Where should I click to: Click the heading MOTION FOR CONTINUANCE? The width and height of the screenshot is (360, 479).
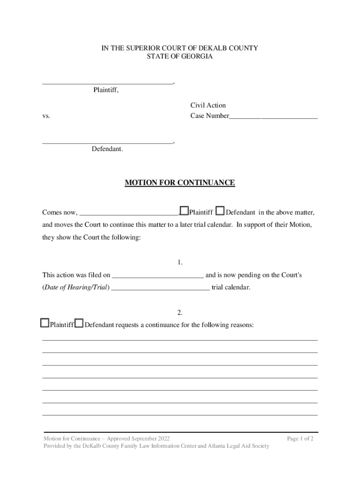point(180,182)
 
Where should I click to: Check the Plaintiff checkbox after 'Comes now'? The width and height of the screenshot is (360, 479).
point(184,211)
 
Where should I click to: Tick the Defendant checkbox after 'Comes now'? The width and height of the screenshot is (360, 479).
point(221,211)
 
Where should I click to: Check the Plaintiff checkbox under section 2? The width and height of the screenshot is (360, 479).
point(44,323)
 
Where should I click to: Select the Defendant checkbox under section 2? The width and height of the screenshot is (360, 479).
point(79,323)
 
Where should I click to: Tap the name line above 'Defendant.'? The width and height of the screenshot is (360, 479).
point(108,142)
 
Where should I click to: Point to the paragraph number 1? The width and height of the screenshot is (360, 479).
point(180,262)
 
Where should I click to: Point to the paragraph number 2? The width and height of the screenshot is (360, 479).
point(180,312)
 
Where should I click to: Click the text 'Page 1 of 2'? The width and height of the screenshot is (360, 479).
point(300,439)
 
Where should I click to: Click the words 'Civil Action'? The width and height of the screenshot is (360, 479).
point(208,105)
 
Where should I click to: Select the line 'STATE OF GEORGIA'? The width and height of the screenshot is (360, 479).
point(180,57)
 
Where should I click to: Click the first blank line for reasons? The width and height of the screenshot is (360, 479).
point(180,339)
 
